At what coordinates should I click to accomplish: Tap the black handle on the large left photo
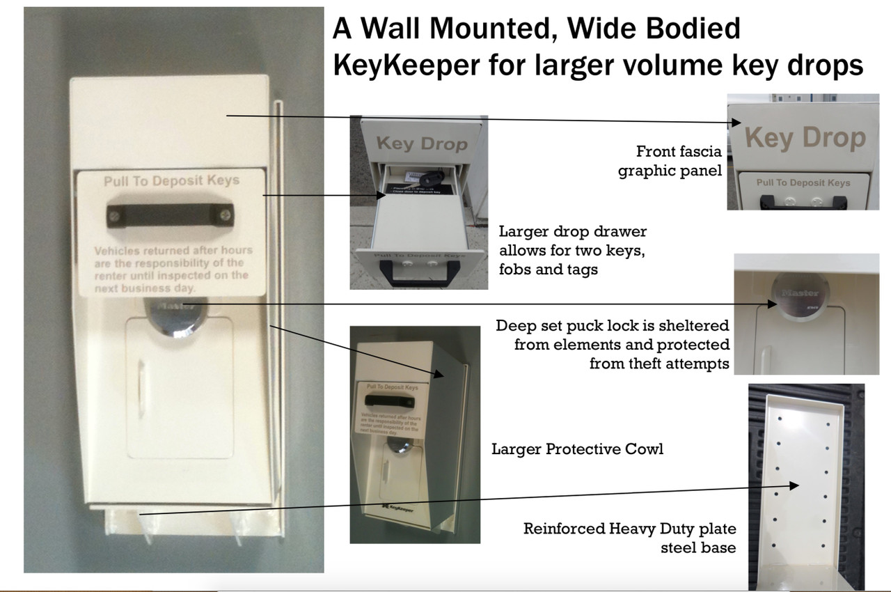point(169,214)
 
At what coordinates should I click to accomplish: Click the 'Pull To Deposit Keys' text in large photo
point(171,181)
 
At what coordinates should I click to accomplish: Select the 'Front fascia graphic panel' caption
point(670,160)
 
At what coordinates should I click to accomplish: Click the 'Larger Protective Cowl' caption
point(577,449)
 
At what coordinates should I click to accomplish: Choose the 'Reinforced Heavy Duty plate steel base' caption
point(629,538)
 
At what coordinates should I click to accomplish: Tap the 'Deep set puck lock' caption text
point(613,344)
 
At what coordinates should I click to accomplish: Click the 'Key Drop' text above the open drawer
point(422,143)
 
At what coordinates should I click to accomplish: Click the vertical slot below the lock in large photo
point(142,375)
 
